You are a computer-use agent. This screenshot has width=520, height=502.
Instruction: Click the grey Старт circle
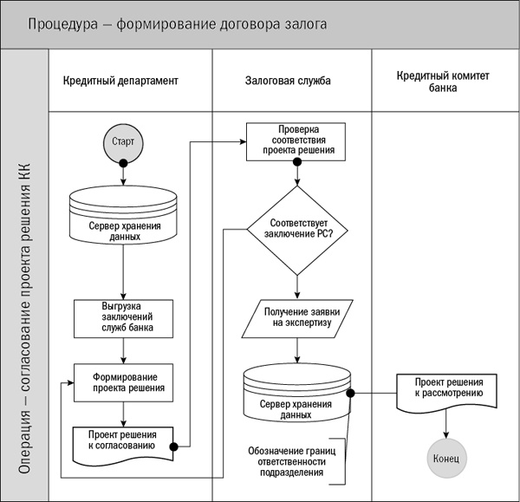pyautogui.click(x=123, y=141)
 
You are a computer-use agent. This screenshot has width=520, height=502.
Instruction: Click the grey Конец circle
pyautogui.click(x=446, y=456)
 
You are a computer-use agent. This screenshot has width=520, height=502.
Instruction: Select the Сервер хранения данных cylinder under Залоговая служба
pyautogui.click(x=297, y=394)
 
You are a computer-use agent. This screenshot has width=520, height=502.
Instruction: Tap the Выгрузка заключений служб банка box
pyautogui.click(x=123, y=318)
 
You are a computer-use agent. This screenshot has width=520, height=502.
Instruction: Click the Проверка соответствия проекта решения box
pyautogui.click(x=297, y=141)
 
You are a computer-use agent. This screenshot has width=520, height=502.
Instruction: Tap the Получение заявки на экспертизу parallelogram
pyautogui.click(x=297, y=318)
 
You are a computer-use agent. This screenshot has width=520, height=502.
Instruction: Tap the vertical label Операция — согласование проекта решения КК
pyautogui.click(x=25, y=295)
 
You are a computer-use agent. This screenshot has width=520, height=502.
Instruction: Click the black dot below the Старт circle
pyautogui.click(x=123, y=163)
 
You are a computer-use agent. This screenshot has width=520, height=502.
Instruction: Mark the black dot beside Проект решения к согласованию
pyautogui.click(x=174, y=447)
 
